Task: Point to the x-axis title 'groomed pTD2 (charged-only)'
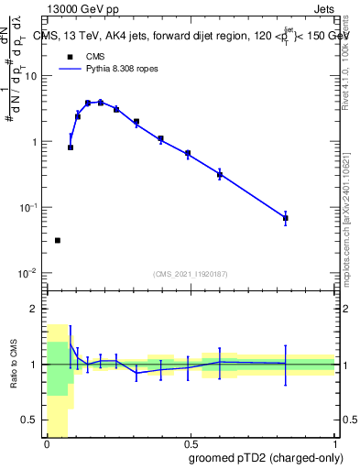[x=267, y=458]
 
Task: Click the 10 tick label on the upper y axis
[x=30, y=75]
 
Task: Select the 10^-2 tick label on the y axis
[x=27, y=273]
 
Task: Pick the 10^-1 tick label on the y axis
[x=27, y=207]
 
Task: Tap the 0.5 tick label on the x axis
[x=189, y=446]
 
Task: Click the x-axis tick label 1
[x=333, y=446]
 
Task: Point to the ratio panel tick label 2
[x=34, y=309]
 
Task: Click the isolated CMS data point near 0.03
[x=58, y=241]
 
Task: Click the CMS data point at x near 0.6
[x=220, y=174]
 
